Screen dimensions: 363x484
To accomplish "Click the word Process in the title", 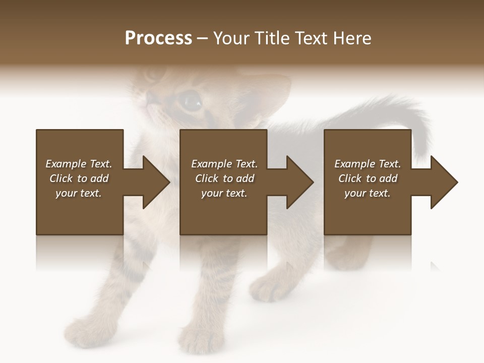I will (x=158, y=38).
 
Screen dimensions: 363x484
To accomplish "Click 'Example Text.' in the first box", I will (x=79, y=164).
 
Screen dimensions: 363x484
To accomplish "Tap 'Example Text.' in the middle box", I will (x=224, y=164).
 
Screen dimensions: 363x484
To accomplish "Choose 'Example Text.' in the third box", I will (x=368, y=164).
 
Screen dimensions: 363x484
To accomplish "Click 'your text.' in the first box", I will (x=79, y=193).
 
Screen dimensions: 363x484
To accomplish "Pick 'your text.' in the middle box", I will (x=224, y=193).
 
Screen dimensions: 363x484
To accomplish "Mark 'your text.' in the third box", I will (x=368, y=193).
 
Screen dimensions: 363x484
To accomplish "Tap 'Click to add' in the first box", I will (x=79, y=178).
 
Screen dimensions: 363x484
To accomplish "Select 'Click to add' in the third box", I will (x=368, y=178).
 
